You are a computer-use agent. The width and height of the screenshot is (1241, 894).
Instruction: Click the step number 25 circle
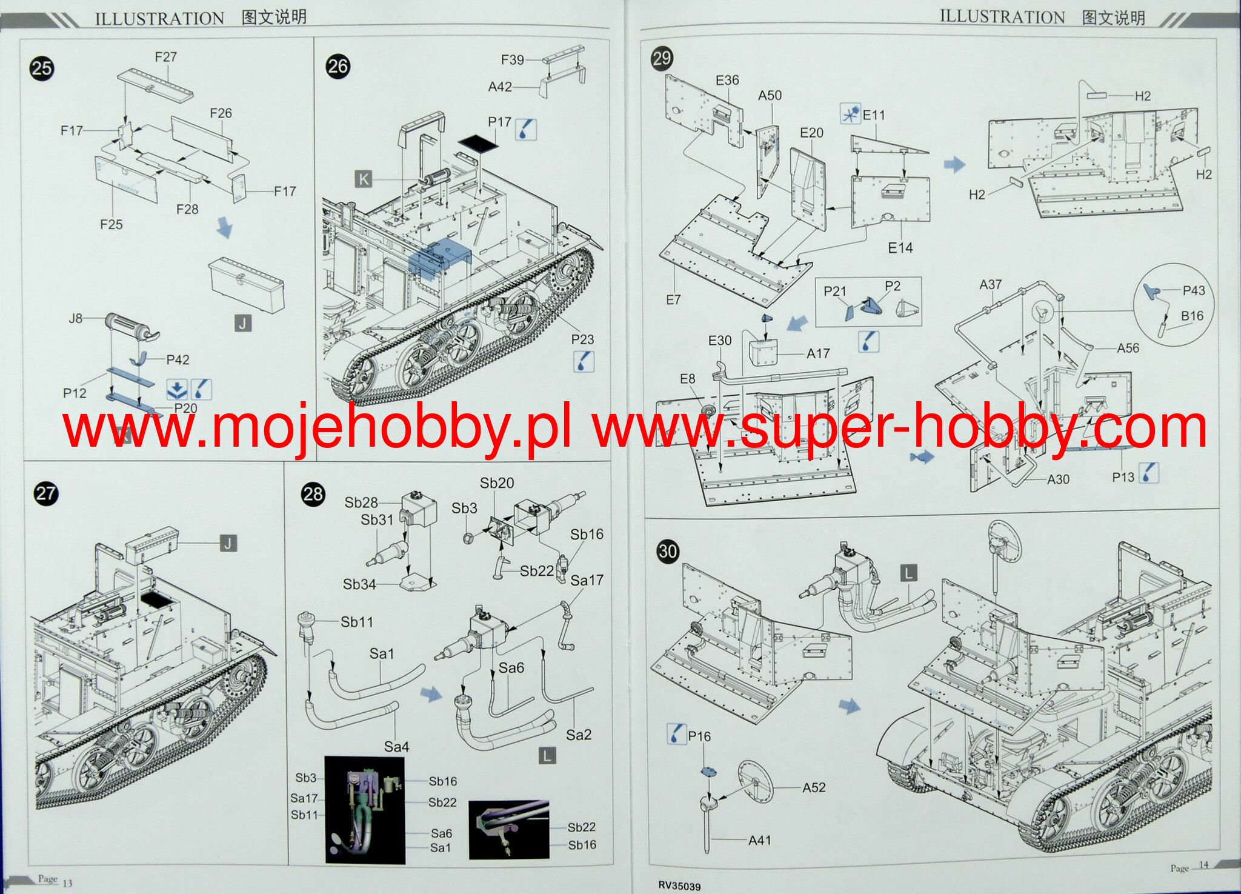(42, 68)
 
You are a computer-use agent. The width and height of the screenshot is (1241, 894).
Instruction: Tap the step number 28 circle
(313, 494)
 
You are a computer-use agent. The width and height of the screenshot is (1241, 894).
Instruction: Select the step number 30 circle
(668, 551)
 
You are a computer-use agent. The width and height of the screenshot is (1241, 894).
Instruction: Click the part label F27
(165, 57)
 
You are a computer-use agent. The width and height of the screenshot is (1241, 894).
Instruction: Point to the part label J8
(75, 318)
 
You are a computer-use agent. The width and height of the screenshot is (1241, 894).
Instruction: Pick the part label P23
(582, 339)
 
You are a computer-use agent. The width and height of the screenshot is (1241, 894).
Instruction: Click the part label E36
(727, 80)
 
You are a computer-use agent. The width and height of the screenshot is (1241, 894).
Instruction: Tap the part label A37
(991, 284)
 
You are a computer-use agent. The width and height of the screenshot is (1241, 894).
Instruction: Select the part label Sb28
(361, 502)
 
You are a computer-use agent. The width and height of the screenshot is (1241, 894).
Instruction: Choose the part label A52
(814, 787)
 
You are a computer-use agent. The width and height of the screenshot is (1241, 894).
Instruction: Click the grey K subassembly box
(364, 179)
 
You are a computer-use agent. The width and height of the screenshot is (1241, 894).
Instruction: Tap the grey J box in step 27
(228, 544)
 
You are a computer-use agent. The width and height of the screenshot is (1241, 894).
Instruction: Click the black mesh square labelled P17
(477, 144)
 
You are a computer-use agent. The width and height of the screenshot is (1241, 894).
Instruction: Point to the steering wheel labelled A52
(755, 782)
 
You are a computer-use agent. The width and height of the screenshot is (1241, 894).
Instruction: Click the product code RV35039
(679, 886)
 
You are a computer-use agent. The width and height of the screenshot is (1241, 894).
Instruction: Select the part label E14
(900, 247)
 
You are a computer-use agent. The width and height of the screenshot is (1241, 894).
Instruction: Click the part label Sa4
(396, 747)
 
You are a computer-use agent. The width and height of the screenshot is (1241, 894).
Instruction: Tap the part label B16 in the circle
(1192, 316)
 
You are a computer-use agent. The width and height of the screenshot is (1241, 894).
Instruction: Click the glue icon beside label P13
(1149, 473)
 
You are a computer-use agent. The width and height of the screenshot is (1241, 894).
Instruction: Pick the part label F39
(512, 60)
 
